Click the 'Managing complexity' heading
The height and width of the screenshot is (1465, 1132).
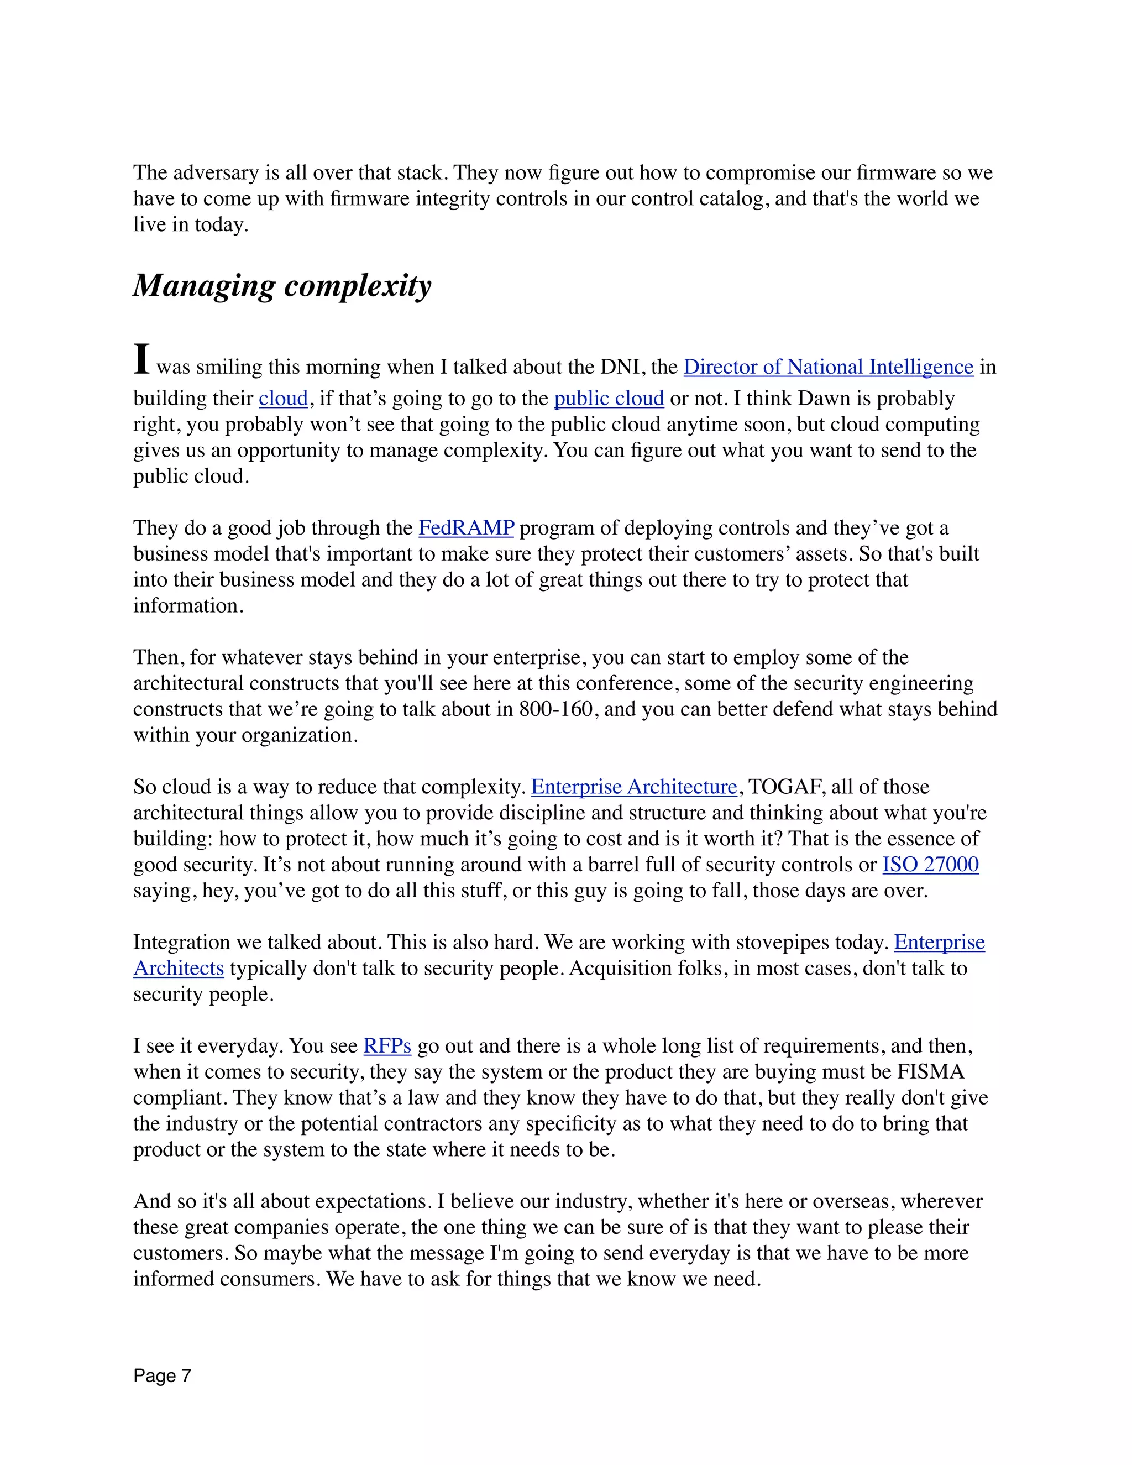pos(282,286)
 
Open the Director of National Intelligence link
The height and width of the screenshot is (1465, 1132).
pos(827,367)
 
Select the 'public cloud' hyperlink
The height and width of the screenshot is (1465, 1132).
pos(608,399)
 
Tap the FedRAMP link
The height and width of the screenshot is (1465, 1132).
pos(466,528)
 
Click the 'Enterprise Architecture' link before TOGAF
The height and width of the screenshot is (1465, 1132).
pos(634,787)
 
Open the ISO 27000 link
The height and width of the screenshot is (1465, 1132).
pos(930,865)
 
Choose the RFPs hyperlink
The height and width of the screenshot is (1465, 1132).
pos(387,1046)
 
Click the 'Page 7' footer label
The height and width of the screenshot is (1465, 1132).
pos(163,1376)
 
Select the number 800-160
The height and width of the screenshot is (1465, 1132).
pos(556,709)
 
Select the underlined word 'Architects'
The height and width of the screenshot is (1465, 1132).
pos(179,969)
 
